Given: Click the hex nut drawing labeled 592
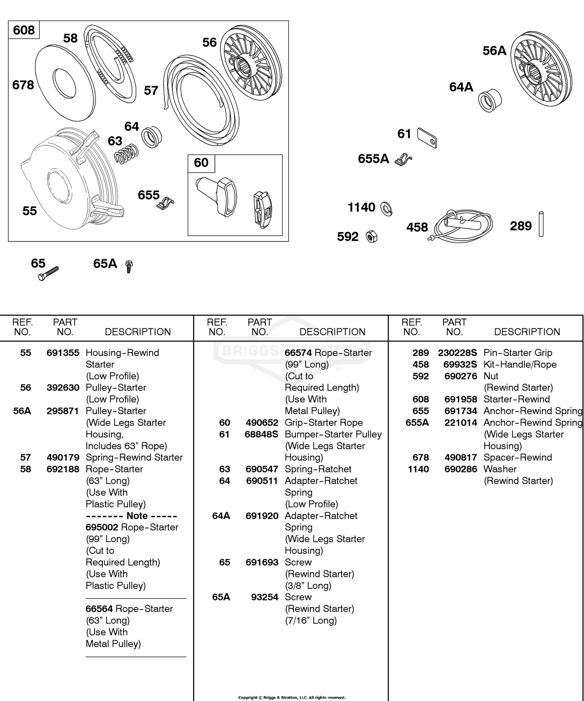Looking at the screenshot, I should point(372,236).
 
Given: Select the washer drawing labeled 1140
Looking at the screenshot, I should point(386,209).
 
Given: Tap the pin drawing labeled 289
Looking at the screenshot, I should point(541,224).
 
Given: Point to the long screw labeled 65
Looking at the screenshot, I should point(49,273).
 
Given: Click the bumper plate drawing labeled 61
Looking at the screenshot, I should point(427,138).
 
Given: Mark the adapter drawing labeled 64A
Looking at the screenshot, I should point(490,100).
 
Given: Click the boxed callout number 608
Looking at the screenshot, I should point(24,30).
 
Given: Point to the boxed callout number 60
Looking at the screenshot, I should point(201,162).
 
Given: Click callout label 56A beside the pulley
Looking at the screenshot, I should point(494,51).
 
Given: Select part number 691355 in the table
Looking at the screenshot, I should point(63,353).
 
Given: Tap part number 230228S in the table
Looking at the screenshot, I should point(457,353).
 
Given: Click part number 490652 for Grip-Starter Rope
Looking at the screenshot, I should point(262,423).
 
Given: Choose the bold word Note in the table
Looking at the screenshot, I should point(137,516).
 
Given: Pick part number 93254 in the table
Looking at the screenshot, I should point(265,597).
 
